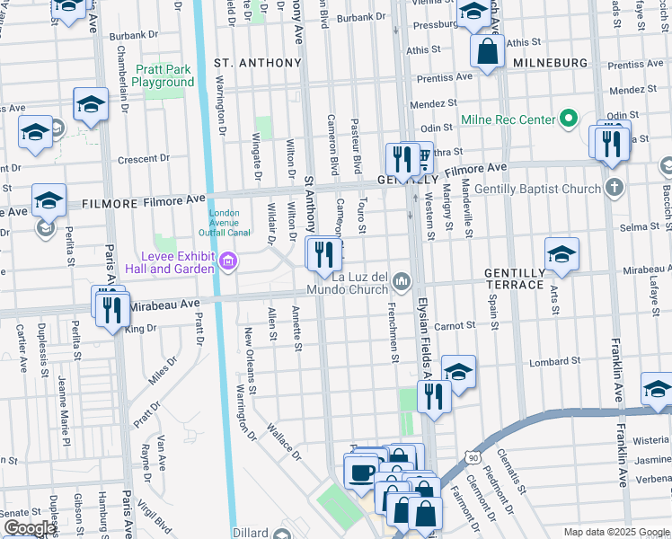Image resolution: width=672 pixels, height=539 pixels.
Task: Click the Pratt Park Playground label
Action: click(163, 75)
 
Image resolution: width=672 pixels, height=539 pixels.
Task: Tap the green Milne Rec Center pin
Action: click(568, 119)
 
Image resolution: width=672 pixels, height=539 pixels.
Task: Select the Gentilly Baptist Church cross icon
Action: click(614, 189)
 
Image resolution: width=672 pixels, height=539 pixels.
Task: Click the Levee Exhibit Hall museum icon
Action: click(228, 263)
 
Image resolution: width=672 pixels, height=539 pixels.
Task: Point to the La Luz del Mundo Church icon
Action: click(401, 282)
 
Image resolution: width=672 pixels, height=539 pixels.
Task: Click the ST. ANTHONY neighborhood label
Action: click(257, 63)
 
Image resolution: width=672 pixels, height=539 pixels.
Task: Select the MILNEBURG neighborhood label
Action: click(550, 63)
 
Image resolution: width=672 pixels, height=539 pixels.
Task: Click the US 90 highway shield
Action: click(473, 458)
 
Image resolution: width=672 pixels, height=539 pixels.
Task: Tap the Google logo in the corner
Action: click(29, 528)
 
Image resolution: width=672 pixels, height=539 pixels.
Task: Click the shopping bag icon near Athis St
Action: click(486, 53)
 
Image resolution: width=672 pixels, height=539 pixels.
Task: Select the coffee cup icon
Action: click(362, 473)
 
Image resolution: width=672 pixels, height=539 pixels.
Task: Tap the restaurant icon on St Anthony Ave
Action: click(323, 255)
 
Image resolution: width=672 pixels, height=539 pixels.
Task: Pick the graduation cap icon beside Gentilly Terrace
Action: click(561, 255)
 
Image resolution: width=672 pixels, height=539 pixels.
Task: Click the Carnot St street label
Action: click(454, 325)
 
